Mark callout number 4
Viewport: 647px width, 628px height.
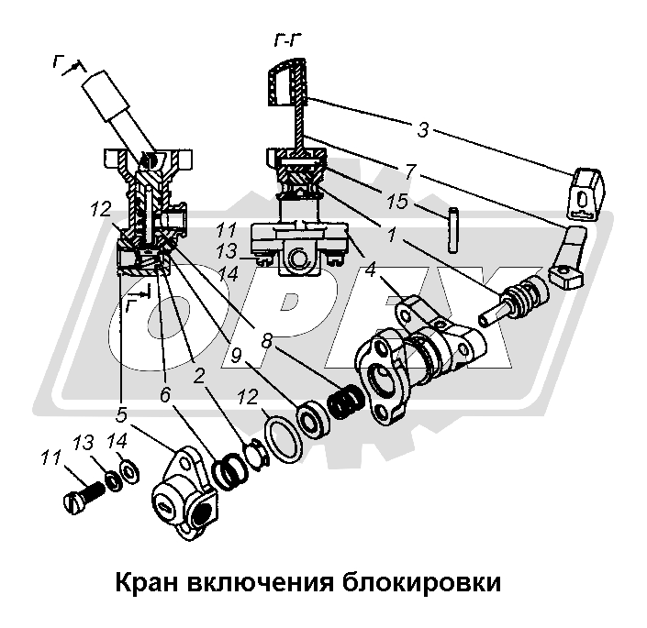[x=370, y=272]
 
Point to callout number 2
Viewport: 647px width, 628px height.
[x=198, y=376]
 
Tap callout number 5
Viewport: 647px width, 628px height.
[x=123, y=402]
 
